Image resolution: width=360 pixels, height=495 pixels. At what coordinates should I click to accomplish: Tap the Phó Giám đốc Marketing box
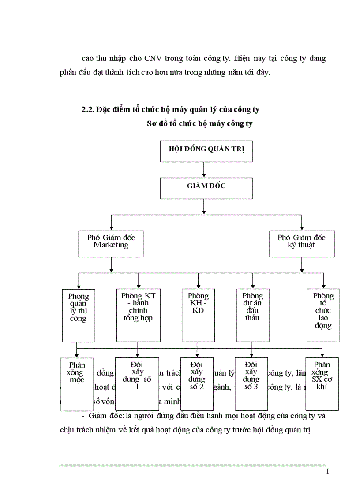pos(111,243)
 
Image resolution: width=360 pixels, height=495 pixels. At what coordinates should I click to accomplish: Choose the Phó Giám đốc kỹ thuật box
pos(302,243)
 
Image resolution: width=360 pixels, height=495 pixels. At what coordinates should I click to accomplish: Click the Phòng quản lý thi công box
pos(79,315)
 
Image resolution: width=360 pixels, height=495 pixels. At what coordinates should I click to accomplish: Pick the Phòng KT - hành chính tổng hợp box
pos(138,315)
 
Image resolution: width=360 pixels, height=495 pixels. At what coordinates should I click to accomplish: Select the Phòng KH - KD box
pos(198,315)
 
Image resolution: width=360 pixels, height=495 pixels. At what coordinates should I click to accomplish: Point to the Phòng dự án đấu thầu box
pos(253,315)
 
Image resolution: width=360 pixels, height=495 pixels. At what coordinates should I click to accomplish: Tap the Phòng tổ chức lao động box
pos(323,315)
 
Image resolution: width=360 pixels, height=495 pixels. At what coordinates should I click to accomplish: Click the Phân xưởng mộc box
pos(77,383)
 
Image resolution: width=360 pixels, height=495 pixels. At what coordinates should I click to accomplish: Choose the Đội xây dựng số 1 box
pos(137,383)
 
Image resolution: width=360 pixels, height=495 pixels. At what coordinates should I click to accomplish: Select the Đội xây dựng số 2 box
pos(197,383)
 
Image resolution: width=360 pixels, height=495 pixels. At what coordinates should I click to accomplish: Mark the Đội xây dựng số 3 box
pos(251,383)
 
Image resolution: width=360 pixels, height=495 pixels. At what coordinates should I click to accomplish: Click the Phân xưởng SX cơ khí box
pos(322,383)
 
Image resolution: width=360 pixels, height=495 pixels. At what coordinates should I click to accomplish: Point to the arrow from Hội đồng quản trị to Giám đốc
pos(204,170)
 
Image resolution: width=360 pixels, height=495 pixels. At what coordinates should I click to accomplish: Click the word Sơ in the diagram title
pos(151,124)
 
